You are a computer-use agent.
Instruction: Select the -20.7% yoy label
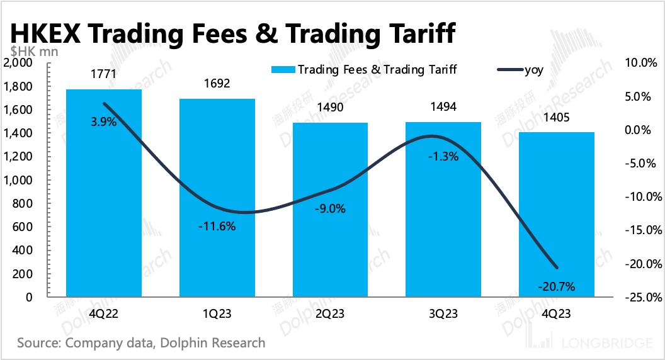point(557,287)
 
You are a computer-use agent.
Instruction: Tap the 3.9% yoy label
point(104,122)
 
